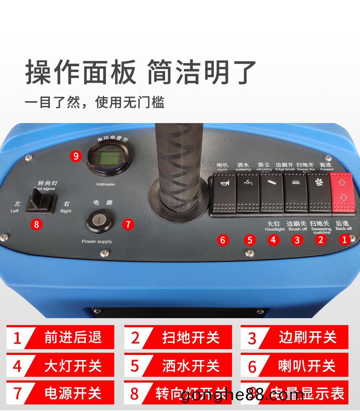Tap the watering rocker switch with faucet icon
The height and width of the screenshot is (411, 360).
[x=248, y=193]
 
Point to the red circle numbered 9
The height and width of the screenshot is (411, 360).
[x=76, y=156]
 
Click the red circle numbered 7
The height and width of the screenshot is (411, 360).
[x=128, y=224]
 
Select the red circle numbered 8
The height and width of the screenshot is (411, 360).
[x=36, y=224]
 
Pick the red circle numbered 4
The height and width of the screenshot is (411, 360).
[x=273, y=240]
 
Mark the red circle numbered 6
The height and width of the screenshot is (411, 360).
[x=223, y=240]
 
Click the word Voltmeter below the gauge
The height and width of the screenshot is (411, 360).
[x=105, y=184]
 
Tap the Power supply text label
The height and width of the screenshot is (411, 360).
[x=97, y=241]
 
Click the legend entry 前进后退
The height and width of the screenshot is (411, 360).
[x=73, y=337]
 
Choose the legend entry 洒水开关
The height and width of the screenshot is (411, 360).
[x=191, y=365]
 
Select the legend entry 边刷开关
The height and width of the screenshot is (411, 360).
[x=307, y=337]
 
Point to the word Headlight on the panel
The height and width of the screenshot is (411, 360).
[x=275, y=229]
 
